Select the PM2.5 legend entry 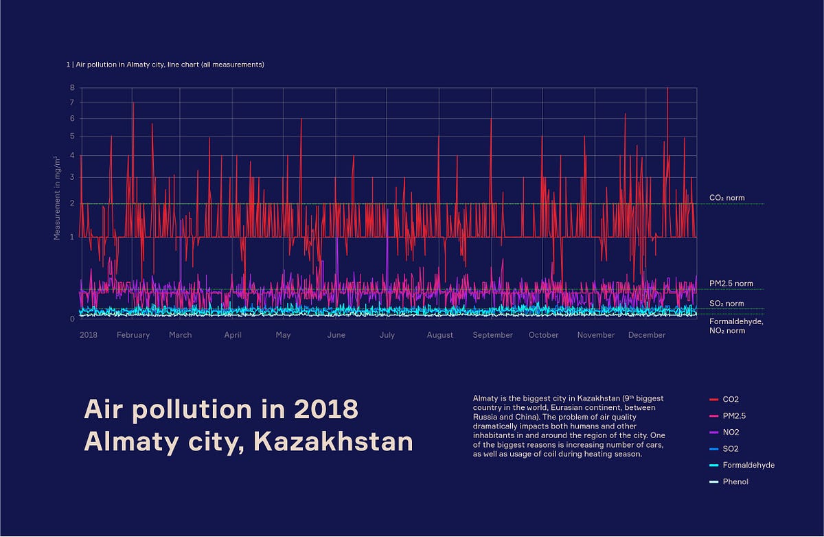733,415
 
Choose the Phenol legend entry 735,481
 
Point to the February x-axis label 133,335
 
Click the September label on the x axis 492,335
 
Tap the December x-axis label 647,335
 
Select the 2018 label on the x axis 88,335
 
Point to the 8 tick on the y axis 71,88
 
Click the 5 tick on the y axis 71,136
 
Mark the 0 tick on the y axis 71,319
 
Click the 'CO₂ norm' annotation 726,198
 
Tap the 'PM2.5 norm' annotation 731,284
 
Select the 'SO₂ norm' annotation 726,304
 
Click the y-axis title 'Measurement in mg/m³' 57,198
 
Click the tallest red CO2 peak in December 667,89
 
